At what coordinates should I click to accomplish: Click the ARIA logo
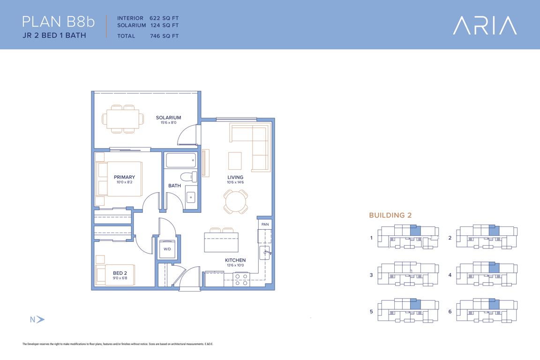point(485,25)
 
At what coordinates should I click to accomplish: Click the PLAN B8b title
point(58,22)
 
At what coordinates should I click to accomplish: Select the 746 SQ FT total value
point(164,36)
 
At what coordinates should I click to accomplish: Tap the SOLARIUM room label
point(168,118)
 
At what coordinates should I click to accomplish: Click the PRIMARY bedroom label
point(124,177)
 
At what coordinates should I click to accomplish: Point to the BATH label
point(174,186)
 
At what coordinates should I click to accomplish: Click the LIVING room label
point(235,177)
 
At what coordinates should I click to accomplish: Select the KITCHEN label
point(235,260)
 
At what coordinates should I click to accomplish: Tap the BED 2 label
point(120,273)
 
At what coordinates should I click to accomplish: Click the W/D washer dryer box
point(167,249)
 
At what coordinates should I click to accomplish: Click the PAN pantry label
point(265,224)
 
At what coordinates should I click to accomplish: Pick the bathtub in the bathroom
point(181,160)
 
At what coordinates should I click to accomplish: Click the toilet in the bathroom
point(189,177)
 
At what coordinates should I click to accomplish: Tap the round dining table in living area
point(236,202)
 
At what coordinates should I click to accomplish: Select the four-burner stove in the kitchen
point(241,279)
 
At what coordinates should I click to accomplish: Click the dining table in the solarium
point(123,119)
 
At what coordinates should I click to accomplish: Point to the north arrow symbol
point(40,320)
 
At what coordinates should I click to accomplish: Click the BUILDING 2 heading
point(390,215)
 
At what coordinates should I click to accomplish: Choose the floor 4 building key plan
point(486,274)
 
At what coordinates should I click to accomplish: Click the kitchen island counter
point(221,242)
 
